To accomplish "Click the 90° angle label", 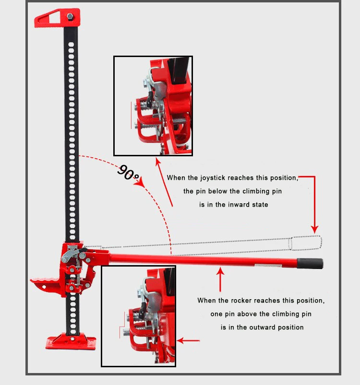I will [128, 173].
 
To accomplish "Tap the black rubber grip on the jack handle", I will [310, 264].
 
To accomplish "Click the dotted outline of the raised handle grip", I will [305, 242].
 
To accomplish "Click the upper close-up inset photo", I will [153, 106].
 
